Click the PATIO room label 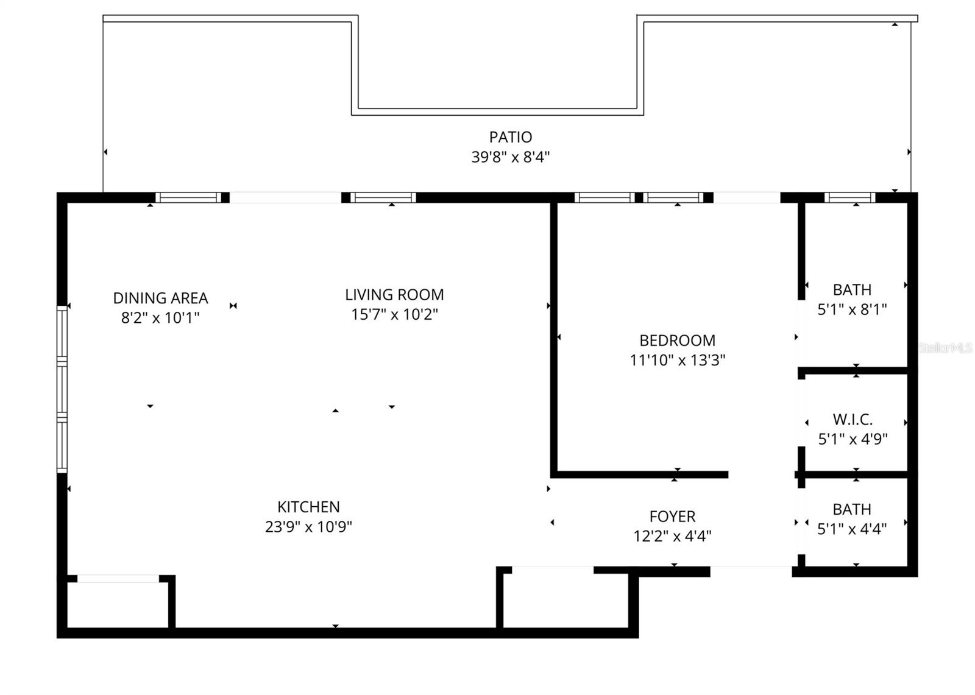point(510,137)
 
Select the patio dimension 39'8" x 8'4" point(510,157)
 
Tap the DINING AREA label point(161,298)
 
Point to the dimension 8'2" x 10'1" point(160,318)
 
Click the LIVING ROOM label point(394,295)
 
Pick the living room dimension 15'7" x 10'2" point(394,314)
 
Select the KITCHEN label point(308,507)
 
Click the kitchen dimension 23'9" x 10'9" point(308,527)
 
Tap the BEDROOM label point(677,340)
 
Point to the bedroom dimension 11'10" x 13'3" point(677,361)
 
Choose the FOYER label point(673,517)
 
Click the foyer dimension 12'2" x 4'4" point(673,536)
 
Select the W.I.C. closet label point(853,420)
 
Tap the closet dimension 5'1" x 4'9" point(853,439)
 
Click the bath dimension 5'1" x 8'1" point(853,309)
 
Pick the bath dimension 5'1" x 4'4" point(853,529)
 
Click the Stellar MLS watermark point(945,348)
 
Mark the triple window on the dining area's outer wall point(62,389)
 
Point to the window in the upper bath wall point(849,197)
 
